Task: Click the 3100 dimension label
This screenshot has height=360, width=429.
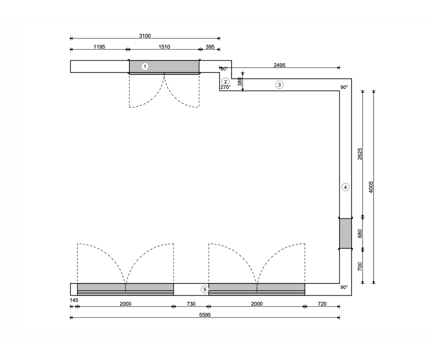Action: (x=145, y=36)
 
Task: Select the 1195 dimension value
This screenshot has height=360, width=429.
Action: (x=99, y=47)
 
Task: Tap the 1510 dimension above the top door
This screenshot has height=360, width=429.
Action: (x=164, y=47)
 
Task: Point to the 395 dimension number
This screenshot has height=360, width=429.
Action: (x=210, y=47)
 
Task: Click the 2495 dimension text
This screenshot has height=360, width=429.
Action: (x=280, y=65)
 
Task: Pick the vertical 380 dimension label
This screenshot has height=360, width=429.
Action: (x=240, y=82)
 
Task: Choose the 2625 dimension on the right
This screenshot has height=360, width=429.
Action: (x=360, y=154)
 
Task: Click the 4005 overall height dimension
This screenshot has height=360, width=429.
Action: (x=371, y=187)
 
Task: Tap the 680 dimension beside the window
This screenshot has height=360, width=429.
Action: (x=360, y=234)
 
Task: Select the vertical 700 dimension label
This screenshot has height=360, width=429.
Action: (x=360, y=266)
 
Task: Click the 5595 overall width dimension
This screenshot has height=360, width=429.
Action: (x=205, y=315)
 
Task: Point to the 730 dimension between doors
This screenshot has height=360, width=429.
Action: (x=191, y=304)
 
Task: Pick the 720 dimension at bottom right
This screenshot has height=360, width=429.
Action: (x=322, y=304)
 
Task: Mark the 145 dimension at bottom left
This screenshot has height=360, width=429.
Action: (x=74, y=300)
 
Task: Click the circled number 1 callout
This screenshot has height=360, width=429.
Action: (x=145, y=66)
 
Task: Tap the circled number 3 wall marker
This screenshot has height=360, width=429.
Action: (x=280, y=85)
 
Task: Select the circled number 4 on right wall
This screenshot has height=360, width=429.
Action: (x=345, y=187)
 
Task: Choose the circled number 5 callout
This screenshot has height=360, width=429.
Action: (x=205, y=290)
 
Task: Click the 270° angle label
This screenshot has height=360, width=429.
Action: (x=226, y=87)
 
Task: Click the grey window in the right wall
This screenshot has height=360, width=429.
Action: (x=345, y=233)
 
